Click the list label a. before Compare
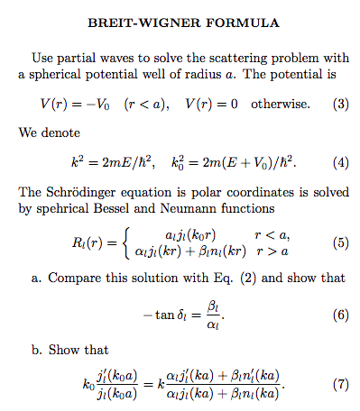pyautogui.click(x=37, y=279)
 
